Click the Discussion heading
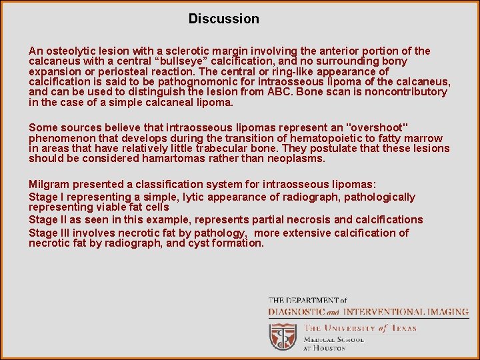223,19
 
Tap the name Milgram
49,184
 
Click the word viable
119,207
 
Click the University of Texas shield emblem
283,337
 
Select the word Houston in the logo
331,348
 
